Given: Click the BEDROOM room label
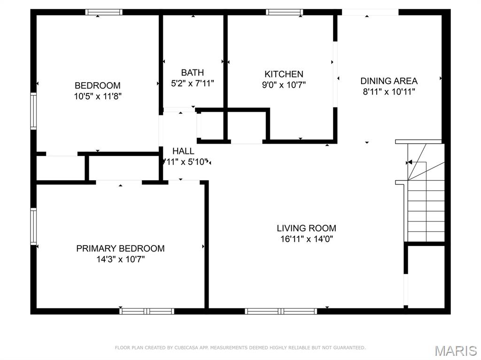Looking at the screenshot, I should pos(97,85).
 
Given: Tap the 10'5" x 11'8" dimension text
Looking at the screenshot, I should pos(97,96).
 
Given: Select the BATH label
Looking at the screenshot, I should pos(193,73).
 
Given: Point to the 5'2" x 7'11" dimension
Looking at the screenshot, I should pos(193,84).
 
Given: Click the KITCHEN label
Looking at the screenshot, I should pos(284,74).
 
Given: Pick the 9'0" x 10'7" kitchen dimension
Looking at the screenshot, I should pos(284,85).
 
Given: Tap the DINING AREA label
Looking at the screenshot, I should pos(389,81).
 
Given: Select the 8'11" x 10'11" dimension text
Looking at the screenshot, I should pos(389,92).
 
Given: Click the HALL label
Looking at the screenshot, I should pos(183,151).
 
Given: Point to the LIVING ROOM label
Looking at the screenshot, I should pos(306,229).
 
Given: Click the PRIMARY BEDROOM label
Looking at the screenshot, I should pos(120,248).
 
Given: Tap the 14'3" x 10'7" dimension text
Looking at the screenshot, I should pos(120,259).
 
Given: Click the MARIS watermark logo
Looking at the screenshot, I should pos(455,351).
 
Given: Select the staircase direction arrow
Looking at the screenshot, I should pos(409,162).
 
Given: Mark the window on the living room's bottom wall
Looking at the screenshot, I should pos(281,311).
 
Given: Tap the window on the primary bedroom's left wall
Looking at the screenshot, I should pos(33,226).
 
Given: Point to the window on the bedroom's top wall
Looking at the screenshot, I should pos(104,12).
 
